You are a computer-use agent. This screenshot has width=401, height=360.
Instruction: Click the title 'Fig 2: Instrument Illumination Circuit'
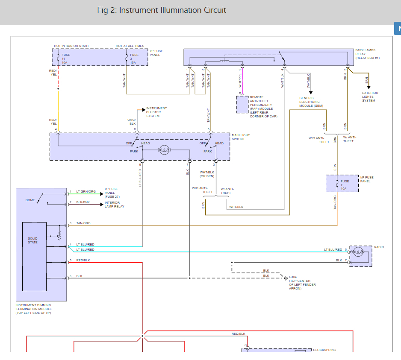(162, 10)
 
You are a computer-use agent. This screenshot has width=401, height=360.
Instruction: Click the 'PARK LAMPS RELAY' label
(367, 54)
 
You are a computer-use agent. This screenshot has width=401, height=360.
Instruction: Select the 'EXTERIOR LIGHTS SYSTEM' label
(370, 97)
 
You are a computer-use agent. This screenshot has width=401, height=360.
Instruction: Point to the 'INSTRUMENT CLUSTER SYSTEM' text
(156, 112)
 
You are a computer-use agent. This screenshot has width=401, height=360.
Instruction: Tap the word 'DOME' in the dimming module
(30, 200)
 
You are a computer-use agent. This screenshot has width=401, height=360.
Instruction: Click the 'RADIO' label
(379, 247)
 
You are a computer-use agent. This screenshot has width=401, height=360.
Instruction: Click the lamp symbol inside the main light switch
(164, 150)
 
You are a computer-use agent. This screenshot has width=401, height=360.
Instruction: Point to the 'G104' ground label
(292, 277)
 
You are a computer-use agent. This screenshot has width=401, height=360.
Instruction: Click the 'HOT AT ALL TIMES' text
(130, 46)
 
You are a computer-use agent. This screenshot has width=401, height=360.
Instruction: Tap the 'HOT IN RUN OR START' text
(71, 46)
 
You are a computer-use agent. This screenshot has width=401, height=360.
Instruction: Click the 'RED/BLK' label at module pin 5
(83, 260)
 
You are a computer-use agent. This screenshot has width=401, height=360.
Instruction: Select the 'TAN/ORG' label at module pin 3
(83, 223)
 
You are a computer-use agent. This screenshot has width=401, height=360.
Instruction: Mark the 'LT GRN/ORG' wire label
(86, 191)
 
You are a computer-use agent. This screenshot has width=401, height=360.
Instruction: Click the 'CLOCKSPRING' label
(324, 350)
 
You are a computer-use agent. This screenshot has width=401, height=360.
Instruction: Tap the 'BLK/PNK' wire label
(83, 202)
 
